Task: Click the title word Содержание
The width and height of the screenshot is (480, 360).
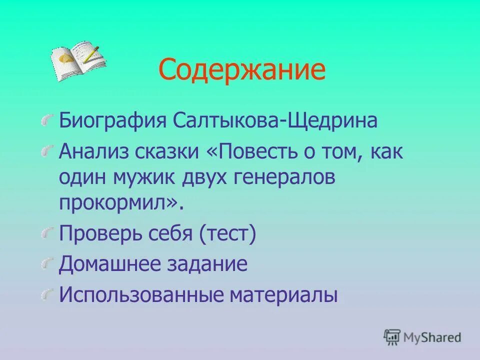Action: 242,69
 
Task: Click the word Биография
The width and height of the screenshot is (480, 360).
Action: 113,121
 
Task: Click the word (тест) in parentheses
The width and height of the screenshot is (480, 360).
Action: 227,234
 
